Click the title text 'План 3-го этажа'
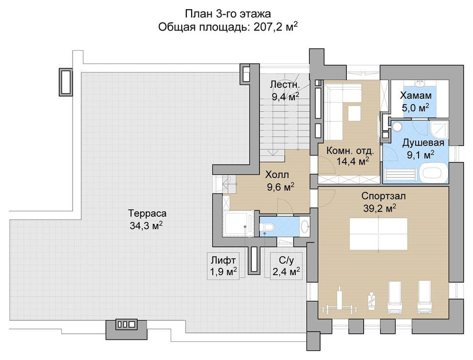point(228,13)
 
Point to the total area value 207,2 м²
point(276,27)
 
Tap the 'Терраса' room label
point(147,213)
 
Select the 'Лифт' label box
point(223,266)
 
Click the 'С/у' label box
point(286,266)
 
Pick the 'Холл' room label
point(277,175)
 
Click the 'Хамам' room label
point(416,95)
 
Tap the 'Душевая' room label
point(423,143)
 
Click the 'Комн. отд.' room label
point(350,150)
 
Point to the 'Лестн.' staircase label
point(285,85)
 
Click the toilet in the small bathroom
point(266,227)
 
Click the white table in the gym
point(378,234)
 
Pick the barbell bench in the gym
point(339,301)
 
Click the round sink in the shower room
point(396,127)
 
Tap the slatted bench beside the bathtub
point(401,175)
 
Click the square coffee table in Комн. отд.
point(354,113)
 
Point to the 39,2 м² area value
point(379,208)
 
